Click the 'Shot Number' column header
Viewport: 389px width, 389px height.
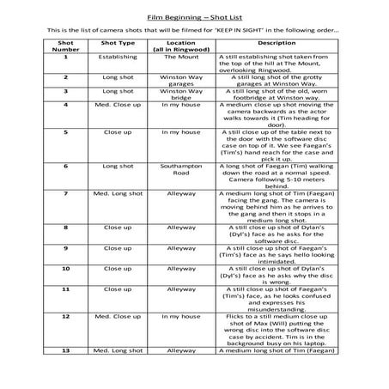[64, 45]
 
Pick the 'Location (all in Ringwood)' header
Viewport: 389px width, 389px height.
[181, 45]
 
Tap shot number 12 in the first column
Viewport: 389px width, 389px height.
[64, 316]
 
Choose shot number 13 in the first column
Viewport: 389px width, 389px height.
[64, 350]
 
